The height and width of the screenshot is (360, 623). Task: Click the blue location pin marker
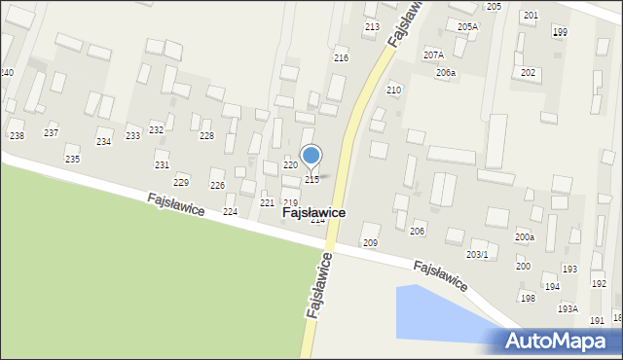pyautogui.click(x=311, y=156)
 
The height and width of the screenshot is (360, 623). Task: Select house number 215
pyautogui.click(x=312, y=180)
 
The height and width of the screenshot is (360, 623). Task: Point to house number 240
pyautogui.click(x=7, y=73)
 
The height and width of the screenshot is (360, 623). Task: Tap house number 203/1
pyautogui.click(x=477, y=254)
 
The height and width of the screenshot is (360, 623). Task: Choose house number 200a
pyautogui.click(x=525, y=236)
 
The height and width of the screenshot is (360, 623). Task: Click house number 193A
pyautogui.click(x=568, y=308)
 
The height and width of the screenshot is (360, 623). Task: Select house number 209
pyautogui.click(x=370, y=241)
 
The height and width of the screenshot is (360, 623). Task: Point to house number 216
pyautogui.click(x=341, y=58)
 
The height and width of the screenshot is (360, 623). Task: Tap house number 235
pyautogui.click(x=72, y=159)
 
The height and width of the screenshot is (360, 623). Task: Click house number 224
pyautogui.click(x=231, y=211)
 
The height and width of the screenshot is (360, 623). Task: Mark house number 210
pyautogui.click(x=393, y=90)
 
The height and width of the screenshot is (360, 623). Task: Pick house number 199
pyautogui.click(x=560, y=33)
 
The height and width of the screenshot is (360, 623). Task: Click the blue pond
pyautogui.click(x=438, y=311)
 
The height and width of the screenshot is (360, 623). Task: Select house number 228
pyautogui.click(x=206, y=135)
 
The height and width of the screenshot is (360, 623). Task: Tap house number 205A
pyautogui.click(x=467, y=27)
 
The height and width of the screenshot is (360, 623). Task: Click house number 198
pyautogui.click(x=528, y=298)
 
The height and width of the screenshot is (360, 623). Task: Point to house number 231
pyautogui.click(x=162, y=165)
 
